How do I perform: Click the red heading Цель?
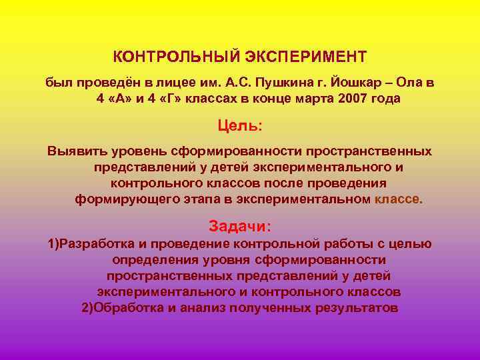coord(240,125)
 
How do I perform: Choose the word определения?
coord(158,259)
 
